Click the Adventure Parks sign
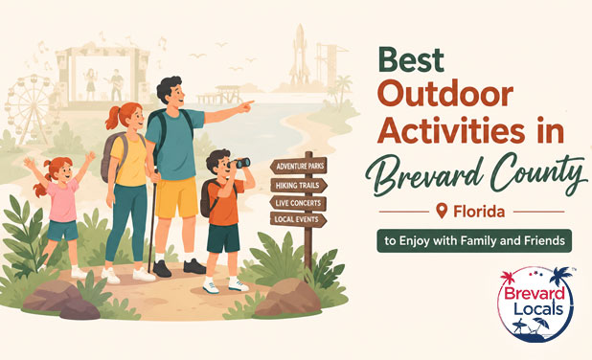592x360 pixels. [299, 166]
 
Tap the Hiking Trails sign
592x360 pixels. [299, 186]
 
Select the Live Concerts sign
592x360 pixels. [298, 203]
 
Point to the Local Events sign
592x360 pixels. [298, 219]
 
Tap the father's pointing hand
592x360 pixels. [246, 106]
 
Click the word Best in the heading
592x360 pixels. [411, 59]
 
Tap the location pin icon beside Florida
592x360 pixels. [442, 211]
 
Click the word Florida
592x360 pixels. [479, 212]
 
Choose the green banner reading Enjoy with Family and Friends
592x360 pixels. [474, 240]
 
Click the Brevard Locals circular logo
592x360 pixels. [535, 304]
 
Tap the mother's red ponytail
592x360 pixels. [114, 118]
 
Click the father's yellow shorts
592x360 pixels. [176, 197]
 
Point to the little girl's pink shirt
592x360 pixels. [62, 200]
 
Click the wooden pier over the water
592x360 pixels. [220, 95]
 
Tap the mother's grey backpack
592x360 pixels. [110, 157]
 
